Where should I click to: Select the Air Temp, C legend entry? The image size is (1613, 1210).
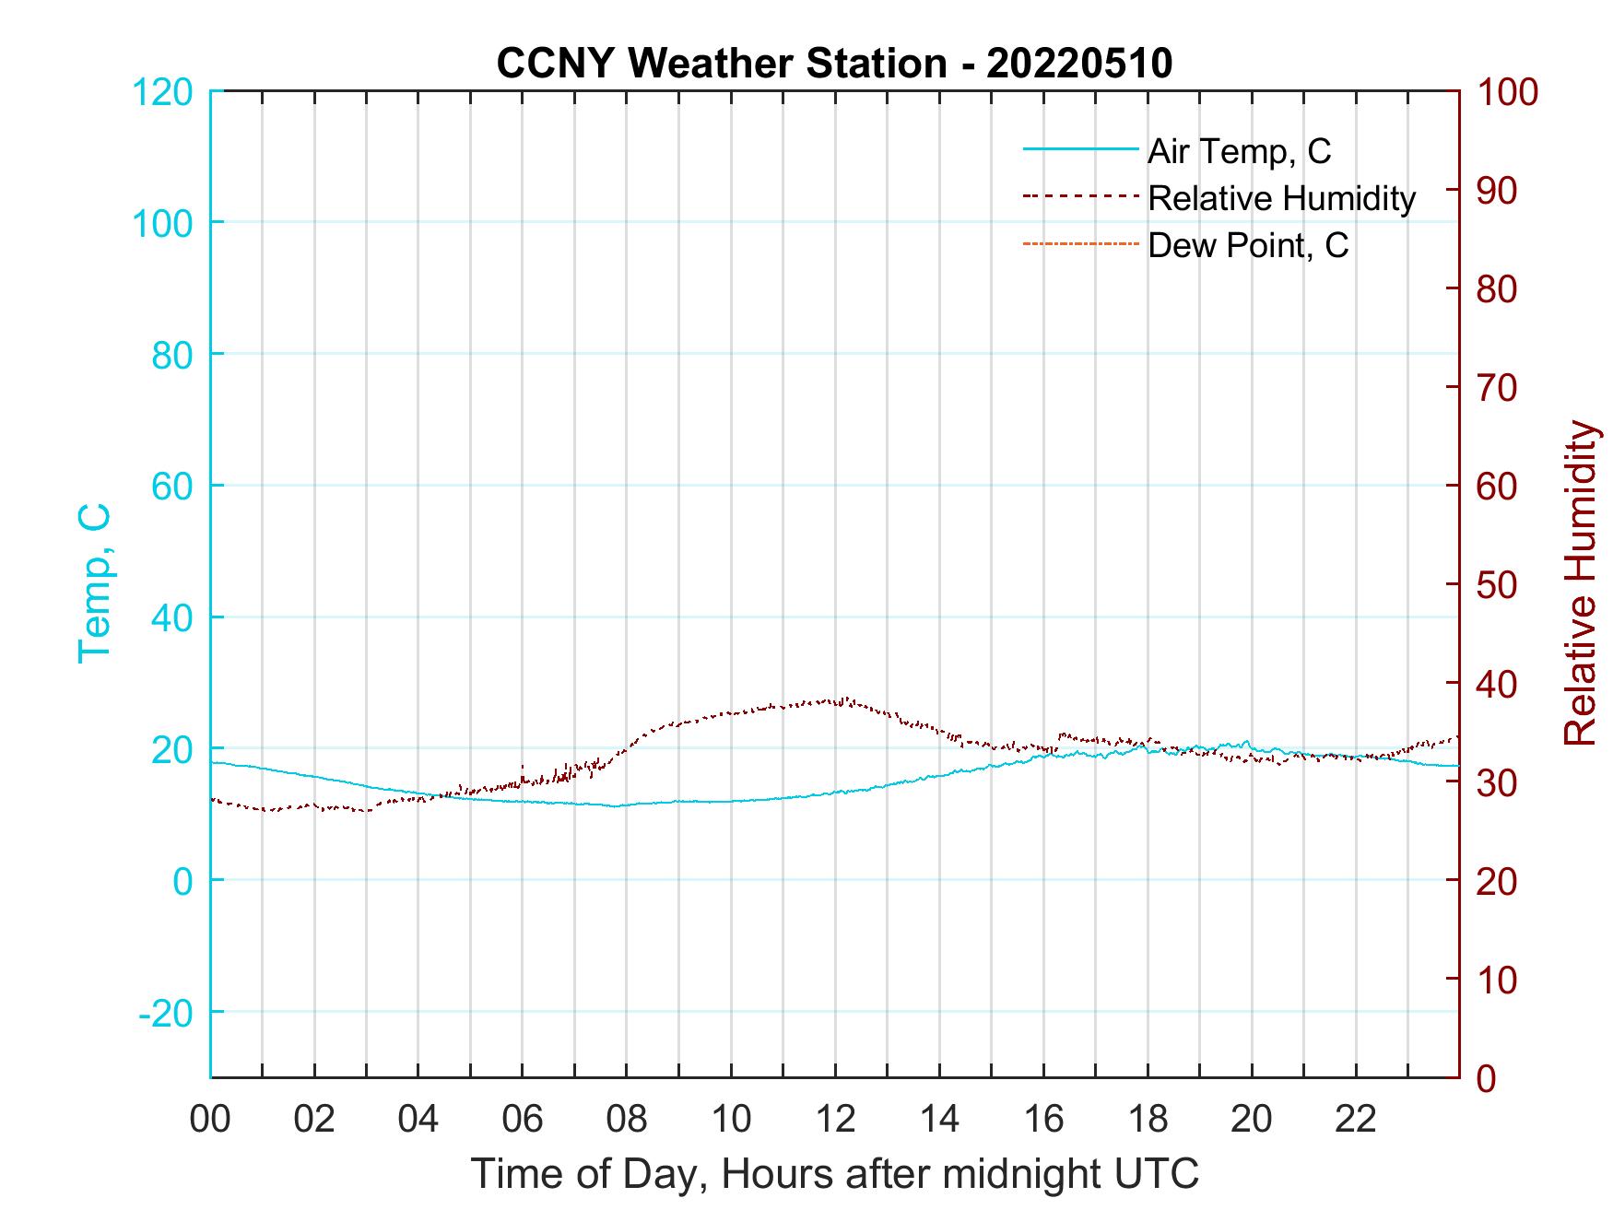[x=1239, y=151]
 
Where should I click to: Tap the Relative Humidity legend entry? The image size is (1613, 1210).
[x=1281, y=198]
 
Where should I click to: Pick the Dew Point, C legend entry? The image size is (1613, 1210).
[x=1248, y=245]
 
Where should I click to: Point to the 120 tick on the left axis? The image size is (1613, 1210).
[x=163, y=92]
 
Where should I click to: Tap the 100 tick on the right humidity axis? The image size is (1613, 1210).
[x=1508, y=92]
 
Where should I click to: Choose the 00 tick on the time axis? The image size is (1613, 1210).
[x=210, y=1119]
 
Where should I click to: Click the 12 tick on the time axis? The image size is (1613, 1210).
[x=835, y=1119]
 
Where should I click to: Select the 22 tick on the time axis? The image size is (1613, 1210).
[x=1356, y=1119]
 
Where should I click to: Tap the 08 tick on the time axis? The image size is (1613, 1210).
[x=627, y=1119]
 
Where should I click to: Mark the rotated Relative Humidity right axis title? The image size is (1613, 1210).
[x=1580, y=582]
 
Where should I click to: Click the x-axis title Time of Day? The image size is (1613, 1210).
[x=835, y=1174]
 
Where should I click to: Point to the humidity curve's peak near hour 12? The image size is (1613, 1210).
[x=844, y=699]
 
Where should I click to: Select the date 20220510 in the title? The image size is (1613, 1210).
[x=1078, y=64]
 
